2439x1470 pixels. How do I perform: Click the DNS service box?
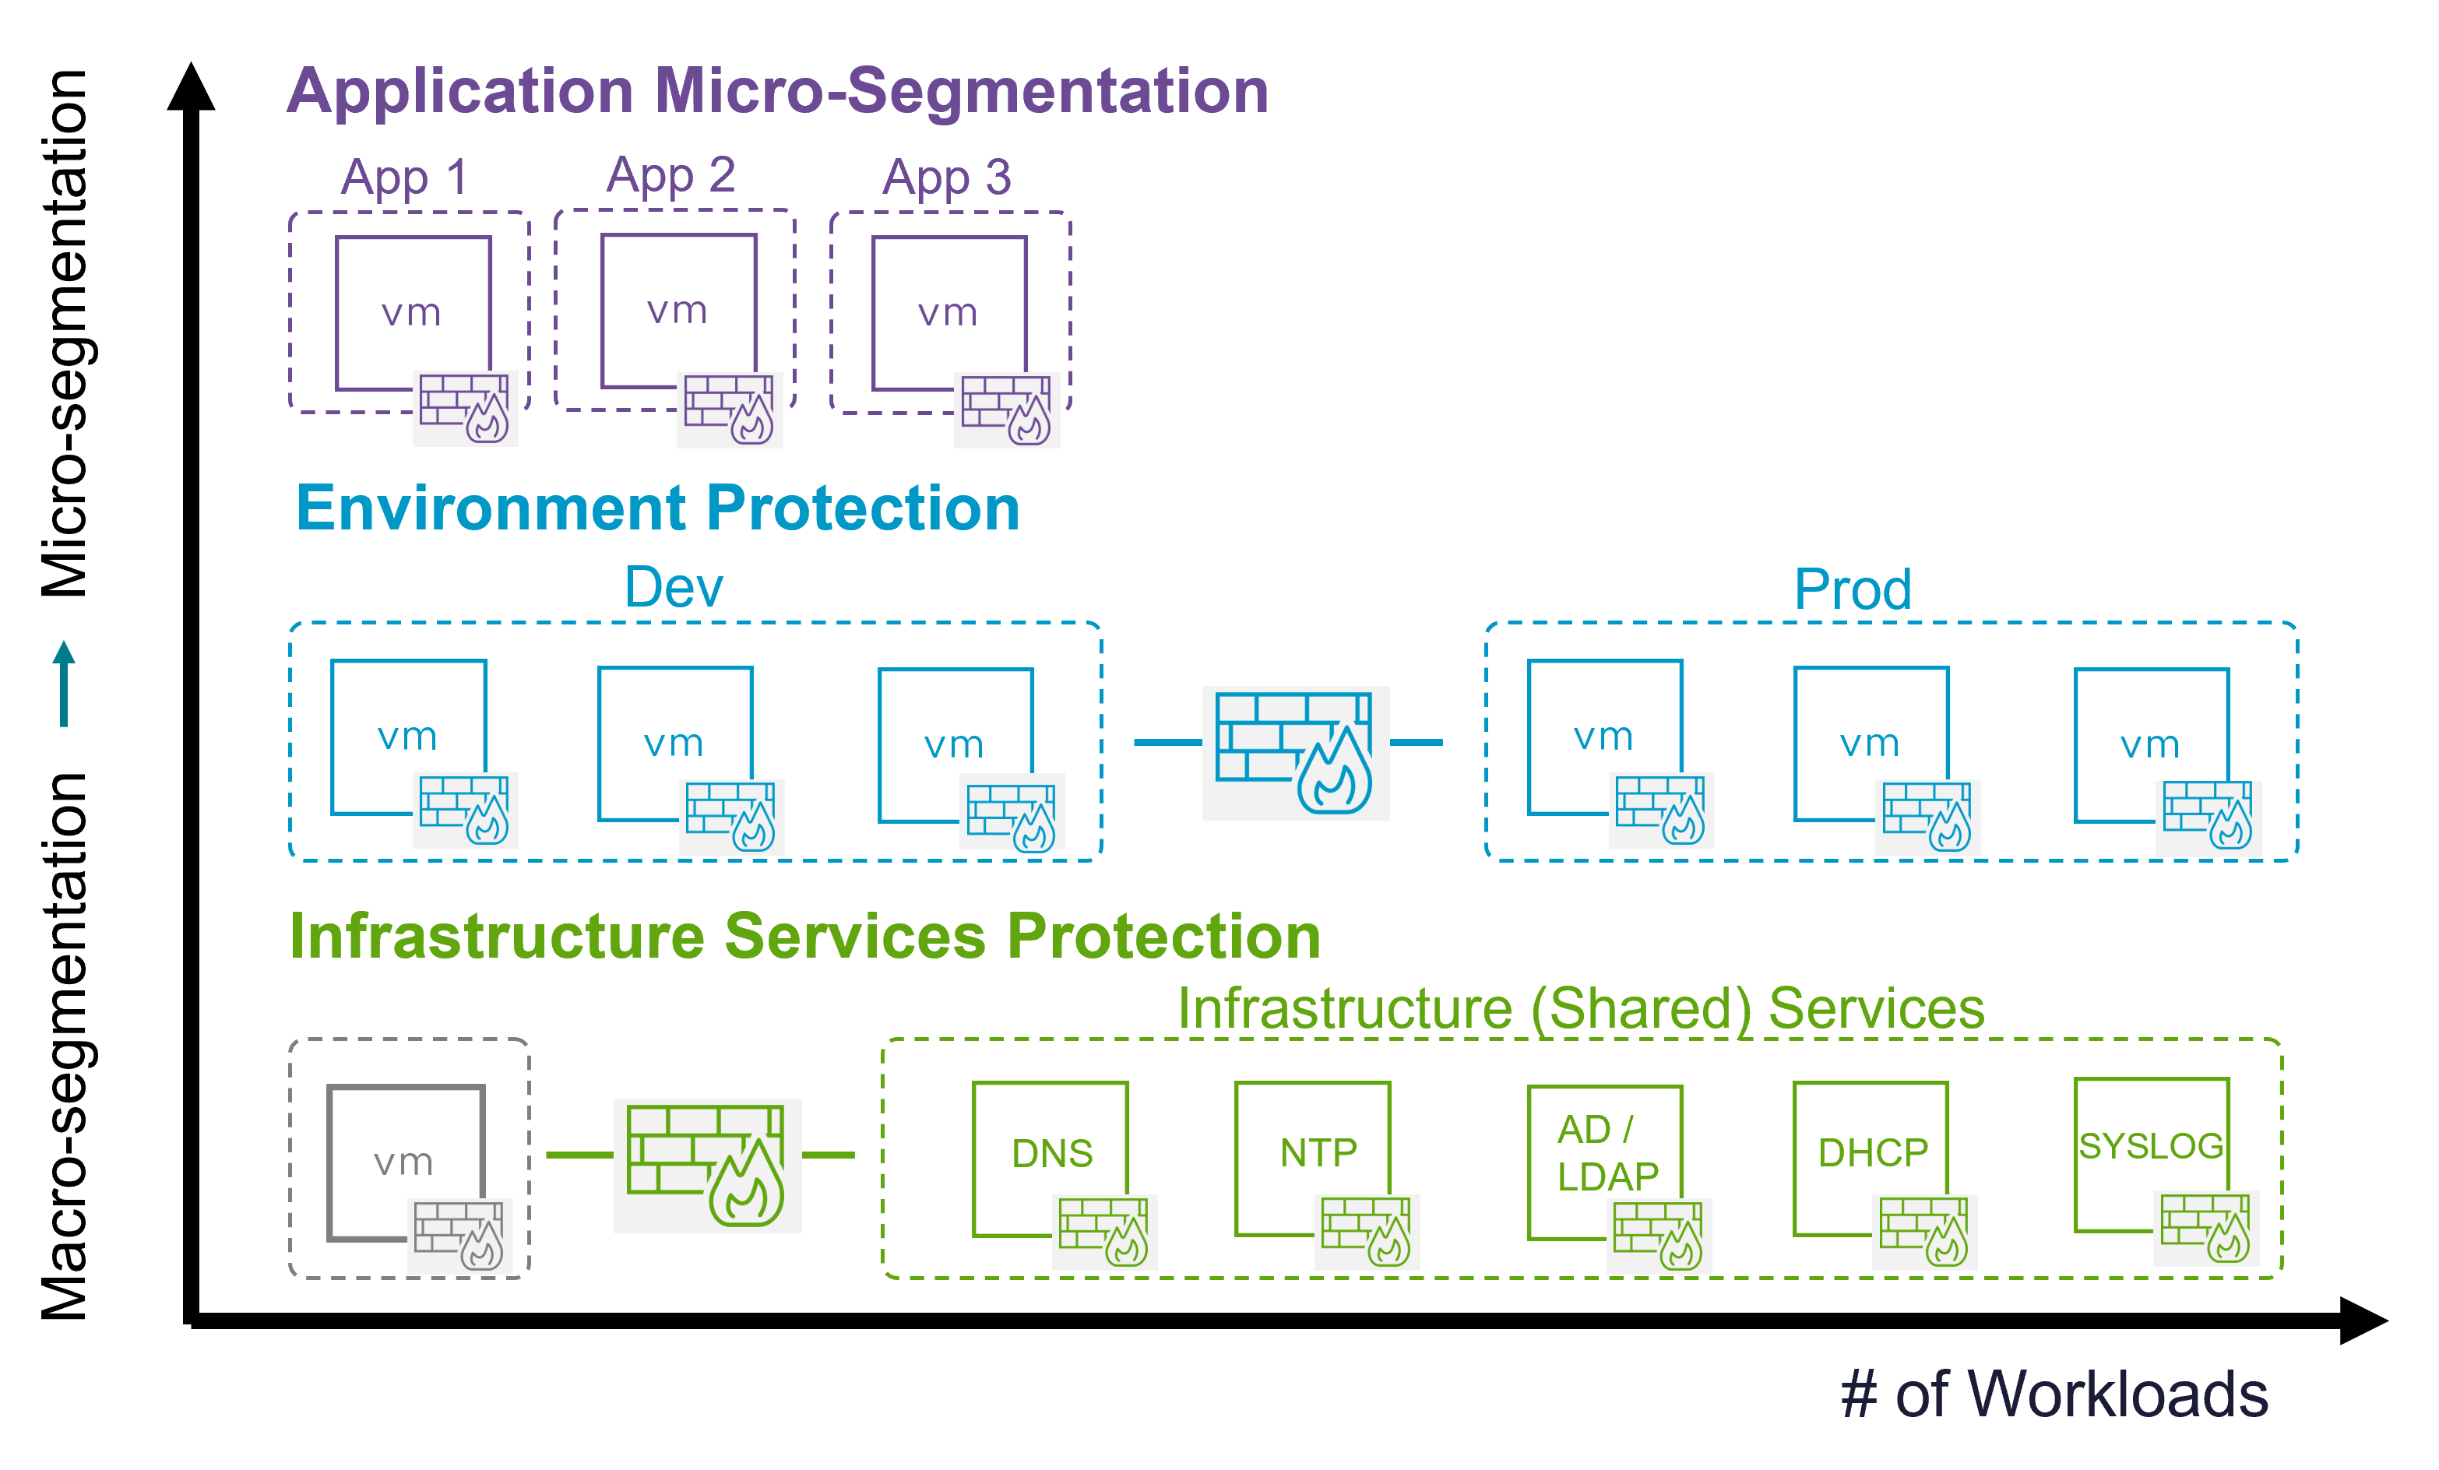[x=1051, y=1153]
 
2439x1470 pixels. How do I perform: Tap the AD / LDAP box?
[x=1604, y=1153]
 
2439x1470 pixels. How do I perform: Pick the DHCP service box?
[x=1871, y=1153]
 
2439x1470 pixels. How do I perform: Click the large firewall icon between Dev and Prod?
[x=1295, y=752]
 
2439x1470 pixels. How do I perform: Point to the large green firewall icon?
[x=707, y=1165]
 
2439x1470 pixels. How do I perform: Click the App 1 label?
[x=404, y=178]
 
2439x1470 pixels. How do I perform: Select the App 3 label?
[x=946, y=178]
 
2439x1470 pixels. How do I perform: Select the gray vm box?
[x=404, y=1160]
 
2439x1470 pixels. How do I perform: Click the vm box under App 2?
[x=678, y=311]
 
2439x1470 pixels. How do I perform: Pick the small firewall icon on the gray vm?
[x=460, y=1236]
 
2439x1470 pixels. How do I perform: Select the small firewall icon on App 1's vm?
[x=465, y=408]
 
